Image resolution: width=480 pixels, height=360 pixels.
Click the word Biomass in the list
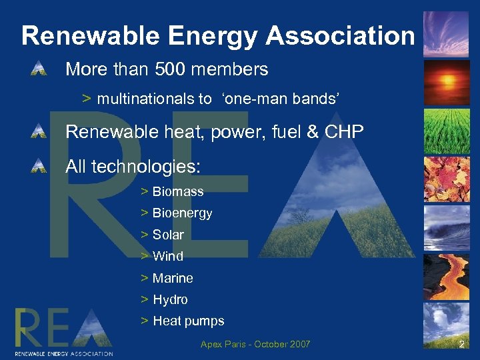178,191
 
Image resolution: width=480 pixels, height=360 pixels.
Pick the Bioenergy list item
182,213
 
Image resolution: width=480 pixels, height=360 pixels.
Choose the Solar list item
168,235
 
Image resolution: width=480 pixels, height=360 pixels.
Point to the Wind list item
167,256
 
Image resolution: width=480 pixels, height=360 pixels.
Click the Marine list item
173,278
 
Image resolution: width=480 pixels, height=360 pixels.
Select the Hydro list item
170,299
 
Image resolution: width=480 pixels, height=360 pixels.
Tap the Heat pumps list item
188,321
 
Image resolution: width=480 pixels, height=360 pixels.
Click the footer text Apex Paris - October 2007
255,344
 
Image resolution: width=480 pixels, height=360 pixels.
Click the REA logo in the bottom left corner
63,331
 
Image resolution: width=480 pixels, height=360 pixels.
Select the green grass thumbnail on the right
447,131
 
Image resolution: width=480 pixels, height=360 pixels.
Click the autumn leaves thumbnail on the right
447,179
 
